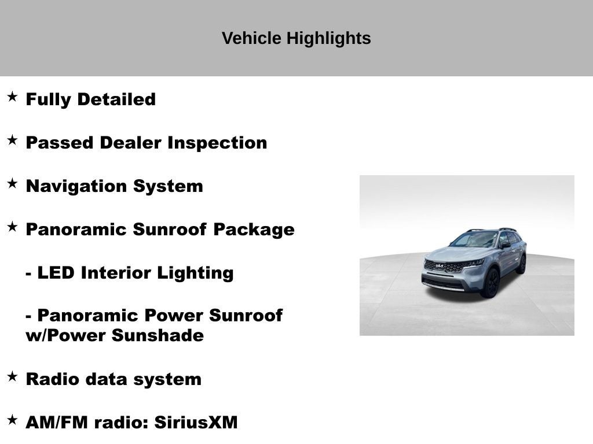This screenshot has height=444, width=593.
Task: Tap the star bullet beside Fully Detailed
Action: pos(12,97)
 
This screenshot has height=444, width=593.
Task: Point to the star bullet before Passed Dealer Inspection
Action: pos(12,140)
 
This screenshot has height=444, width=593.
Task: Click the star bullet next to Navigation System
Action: pos(12,183)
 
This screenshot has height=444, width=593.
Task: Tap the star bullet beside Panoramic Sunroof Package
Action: pos(12,227)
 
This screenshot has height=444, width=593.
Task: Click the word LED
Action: pos(56,273)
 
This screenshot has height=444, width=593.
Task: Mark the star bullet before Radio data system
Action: pos(12,376)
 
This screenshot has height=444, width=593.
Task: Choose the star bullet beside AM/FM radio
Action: pos(12,420)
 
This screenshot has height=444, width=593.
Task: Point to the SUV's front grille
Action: pos(445,267)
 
